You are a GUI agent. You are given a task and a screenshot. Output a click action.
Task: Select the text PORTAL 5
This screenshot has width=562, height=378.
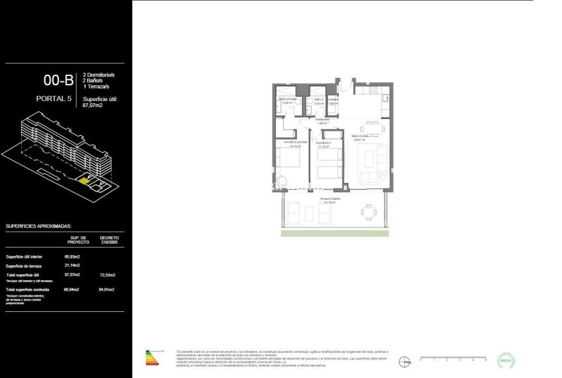52,100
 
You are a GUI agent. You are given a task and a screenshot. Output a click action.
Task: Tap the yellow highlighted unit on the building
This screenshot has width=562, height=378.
85,179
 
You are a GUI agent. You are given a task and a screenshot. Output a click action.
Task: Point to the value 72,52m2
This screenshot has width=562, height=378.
108,274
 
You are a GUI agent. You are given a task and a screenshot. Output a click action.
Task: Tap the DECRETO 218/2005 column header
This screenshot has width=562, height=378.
109,240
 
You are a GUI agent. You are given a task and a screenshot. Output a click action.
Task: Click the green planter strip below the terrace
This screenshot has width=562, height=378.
335,233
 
